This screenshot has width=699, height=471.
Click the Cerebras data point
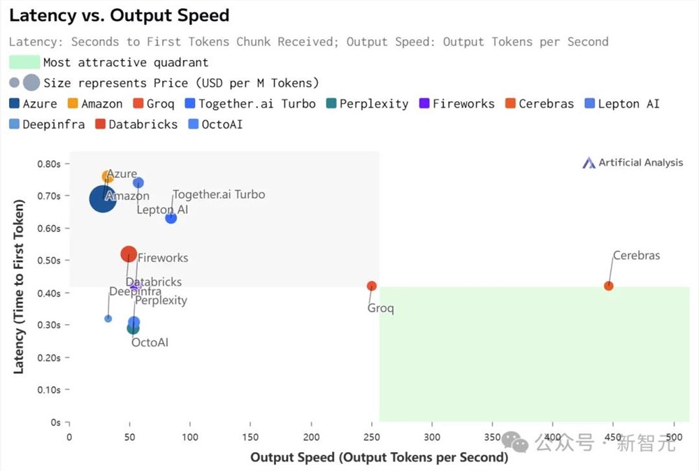(609, 286)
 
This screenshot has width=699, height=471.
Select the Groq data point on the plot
(372, 286)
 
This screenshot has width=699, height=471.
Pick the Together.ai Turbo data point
(171, 218)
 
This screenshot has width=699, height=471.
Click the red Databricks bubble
(128, 254)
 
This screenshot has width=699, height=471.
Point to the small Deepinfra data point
(108, 319)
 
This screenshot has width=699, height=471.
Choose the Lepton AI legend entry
(621, 104)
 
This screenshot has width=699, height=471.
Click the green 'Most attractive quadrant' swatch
(24, 62)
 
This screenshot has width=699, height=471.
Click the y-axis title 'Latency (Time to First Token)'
(19, 287)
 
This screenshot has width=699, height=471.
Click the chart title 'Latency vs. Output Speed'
(120, 15)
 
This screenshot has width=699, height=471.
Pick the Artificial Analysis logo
(633, 163)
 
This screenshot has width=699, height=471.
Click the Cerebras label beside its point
(636, 256)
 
